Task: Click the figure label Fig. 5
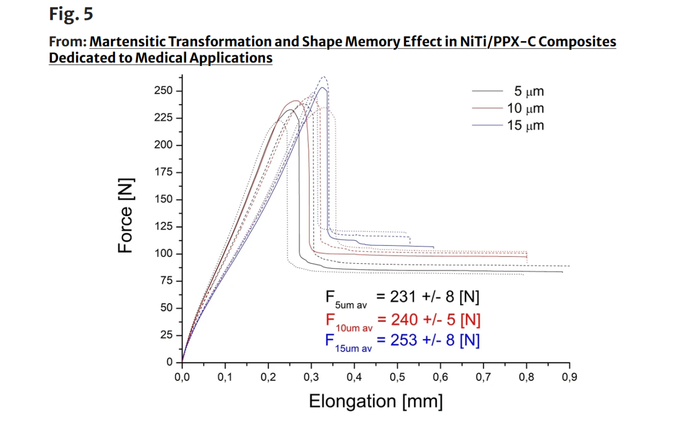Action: tap(71, 14)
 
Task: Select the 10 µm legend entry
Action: tap(525, 109)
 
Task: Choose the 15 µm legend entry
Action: tap(525, 125)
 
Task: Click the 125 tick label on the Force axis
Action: tap(164, 227)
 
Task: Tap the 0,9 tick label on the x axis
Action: tap(569, 375)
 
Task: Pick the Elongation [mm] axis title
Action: tap(376, 401)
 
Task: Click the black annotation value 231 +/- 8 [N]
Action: tap(427, 297)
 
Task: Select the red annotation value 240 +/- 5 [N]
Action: tap(427, 318)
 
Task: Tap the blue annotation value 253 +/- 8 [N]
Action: tap(427, 340)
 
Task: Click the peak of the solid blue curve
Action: tap(322, 87)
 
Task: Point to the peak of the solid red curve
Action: tap(295, 101)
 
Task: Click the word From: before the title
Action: tap(68, 42)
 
